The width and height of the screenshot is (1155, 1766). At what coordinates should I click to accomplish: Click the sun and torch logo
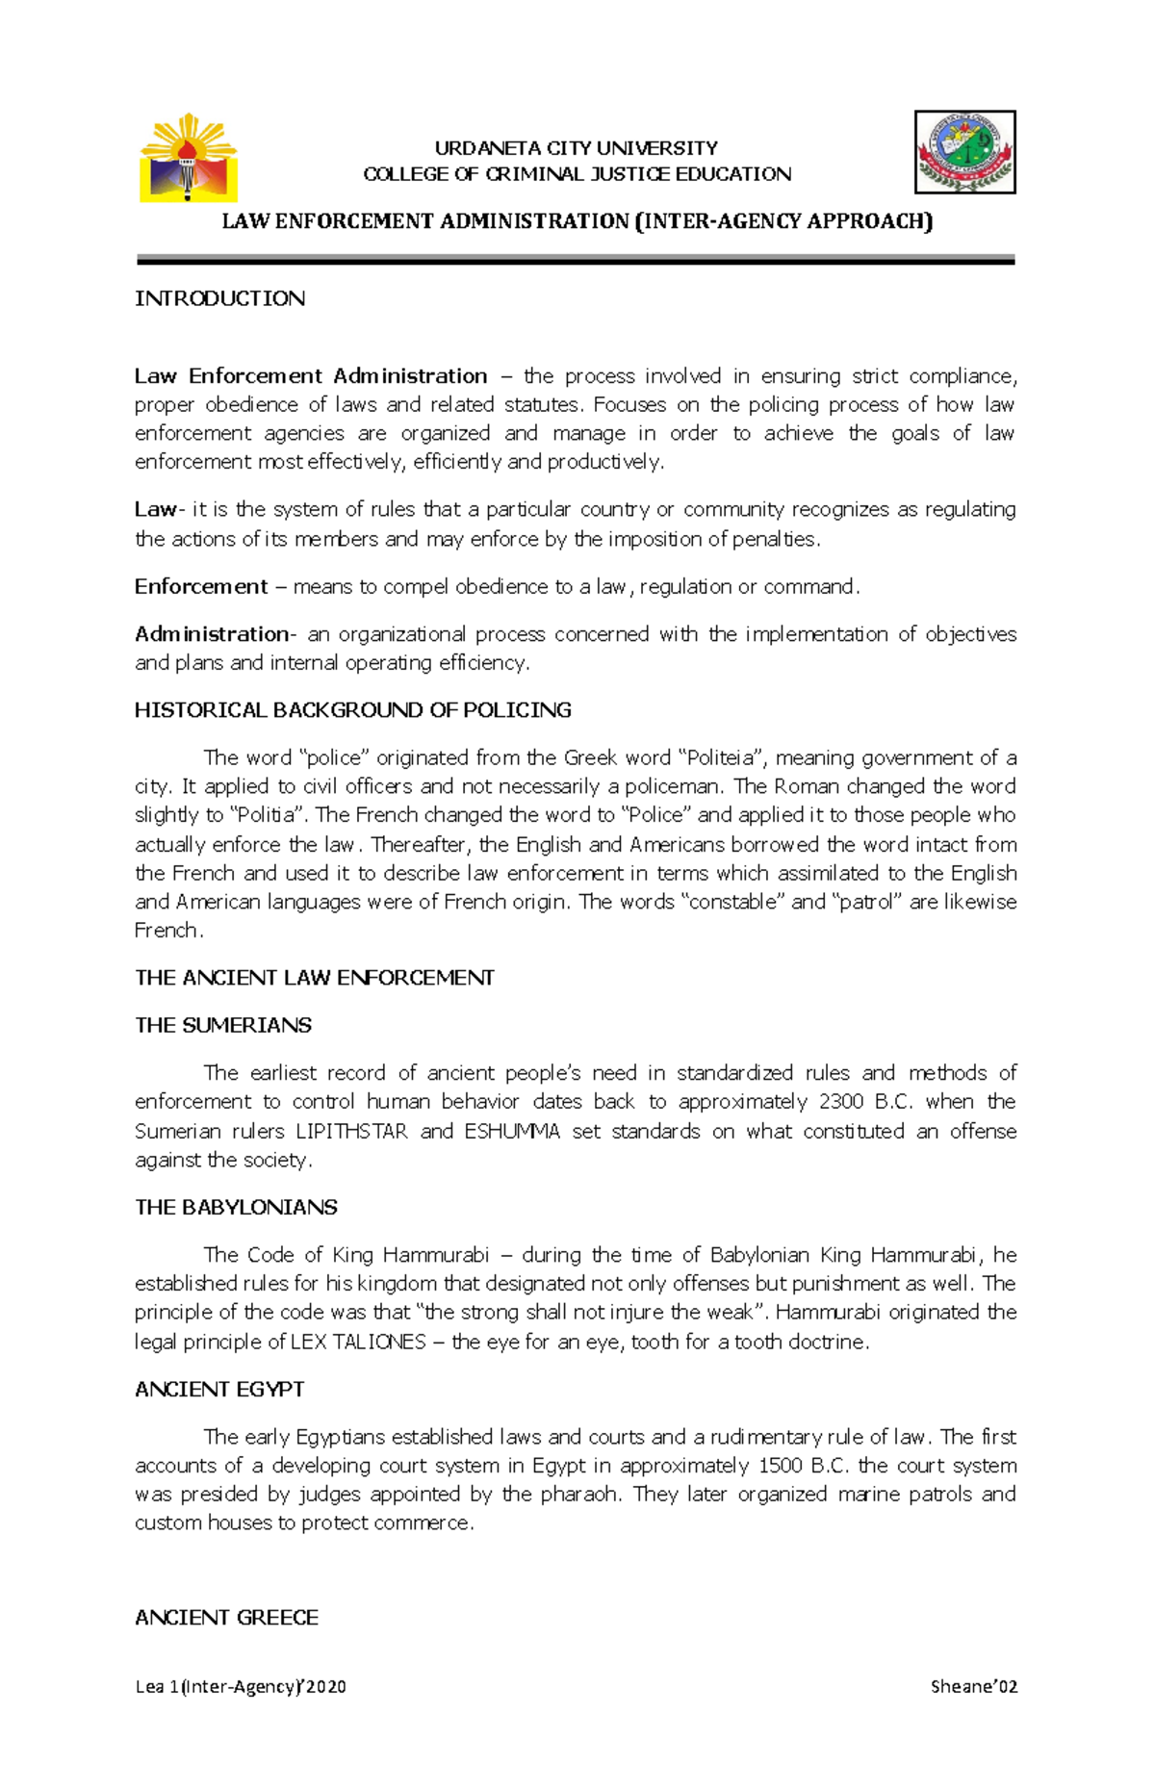(188, 158)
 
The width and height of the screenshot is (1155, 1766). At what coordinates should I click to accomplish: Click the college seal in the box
(964, 152)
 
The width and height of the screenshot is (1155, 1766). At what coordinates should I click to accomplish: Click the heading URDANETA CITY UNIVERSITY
(576, 148)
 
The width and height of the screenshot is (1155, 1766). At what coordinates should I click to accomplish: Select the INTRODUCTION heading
(219, 298)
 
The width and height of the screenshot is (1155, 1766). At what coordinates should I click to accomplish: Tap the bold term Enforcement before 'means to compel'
(201, 586)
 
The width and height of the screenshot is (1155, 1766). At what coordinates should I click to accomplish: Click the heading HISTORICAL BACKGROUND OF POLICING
(352, 710)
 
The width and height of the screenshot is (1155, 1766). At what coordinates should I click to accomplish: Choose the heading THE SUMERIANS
(223, 1025)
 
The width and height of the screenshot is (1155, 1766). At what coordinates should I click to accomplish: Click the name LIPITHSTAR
(351, 1131)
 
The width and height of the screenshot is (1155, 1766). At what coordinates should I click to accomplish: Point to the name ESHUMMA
(511, 1131)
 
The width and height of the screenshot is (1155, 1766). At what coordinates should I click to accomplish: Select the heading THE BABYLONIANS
(236, 1207)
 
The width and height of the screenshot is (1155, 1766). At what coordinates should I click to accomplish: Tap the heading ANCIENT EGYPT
(219, 1389)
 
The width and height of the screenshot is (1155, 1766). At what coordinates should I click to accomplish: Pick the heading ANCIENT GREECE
(226, 1618)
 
